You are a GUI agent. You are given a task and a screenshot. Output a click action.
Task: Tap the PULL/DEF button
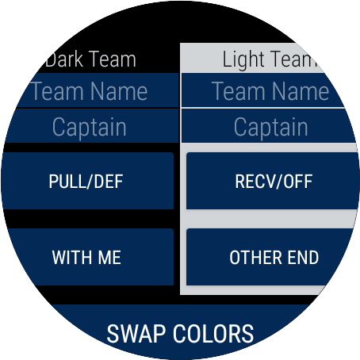click(87, 181)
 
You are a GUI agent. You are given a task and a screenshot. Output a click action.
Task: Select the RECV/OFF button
click(273, 181)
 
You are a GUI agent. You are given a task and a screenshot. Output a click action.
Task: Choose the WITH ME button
click(87, 257)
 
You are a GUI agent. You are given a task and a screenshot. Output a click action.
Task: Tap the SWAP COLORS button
click(180, 331)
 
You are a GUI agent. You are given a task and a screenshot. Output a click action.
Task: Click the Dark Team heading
click(90, 59)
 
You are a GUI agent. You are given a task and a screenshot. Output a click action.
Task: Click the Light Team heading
click(270, 59)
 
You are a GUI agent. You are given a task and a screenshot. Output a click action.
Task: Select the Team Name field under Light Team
click(264, 90)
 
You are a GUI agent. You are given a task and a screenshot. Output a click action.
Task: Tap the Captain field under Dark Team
click(90, 126)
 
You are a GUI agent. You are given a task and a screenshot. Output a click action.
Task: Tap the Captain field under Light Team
click(270, 126)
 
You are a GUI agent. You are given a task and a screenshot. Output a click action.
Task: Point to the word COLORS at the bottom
click(213, 334)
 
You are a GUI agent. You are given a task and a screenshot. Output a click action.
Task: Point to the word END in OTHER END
click(303, 258)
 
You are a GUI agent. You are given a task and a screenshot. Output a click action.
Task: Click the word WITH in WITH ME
click(72, 258)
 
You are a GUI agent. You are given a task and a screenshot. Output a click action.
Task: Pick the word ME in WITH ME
click(109, 258)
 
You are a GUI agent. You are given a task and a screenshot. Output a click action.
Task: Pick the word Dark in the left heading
click(64, 59)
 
